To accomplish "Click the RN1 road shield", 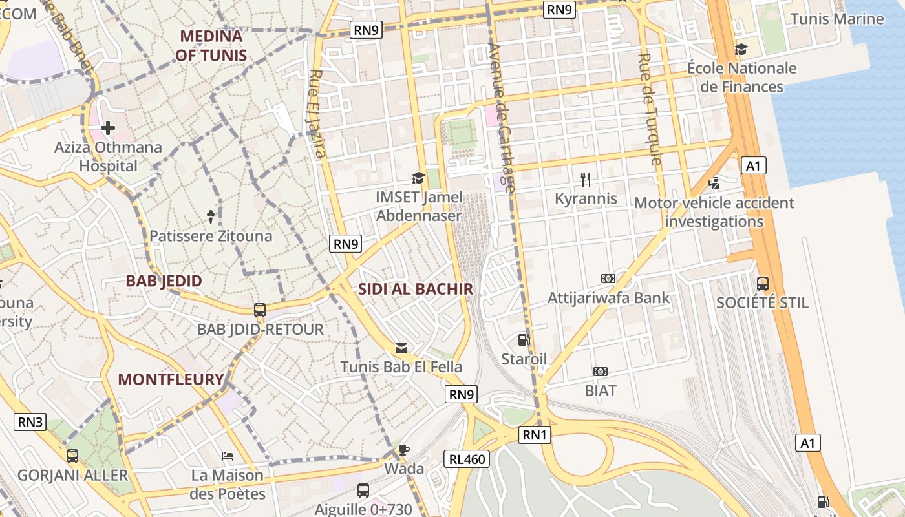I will point(535,435).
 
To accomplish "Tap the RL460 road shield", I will point(467,459).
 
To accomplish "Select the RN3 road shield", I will point(30,422).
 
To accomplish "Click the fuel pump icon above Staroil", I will point(524,339).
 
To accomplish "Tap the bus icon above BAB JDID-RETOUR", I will point(260,310).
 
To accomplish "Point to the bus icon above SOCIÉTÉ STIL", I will point(763,283).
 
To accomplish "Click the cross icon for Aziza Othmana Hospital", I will point(108,127).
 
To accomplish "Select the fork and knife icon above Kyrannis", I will point(586,179).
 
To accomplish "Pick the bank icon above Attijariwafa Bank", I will point(608,279).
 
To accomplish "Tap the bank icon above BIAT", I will point(601,372).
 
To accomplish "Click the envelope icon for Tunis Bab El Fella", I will point(401,348).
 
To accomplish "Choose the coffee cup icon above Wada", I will point(404,450).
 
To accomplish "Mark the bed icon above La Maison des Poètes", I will point(228,456).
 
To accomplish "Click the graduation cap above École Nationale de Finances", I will point(741,49).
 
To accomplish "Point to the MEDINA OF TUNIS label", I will point(211,45).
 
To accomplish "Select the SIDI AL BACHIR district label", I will point(416,289).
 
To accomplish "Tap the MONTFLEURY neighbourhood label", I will point(171,379).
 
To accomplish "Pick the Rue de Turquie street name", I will point(649,109).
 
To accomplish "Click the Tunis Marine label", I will point(837,19).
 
